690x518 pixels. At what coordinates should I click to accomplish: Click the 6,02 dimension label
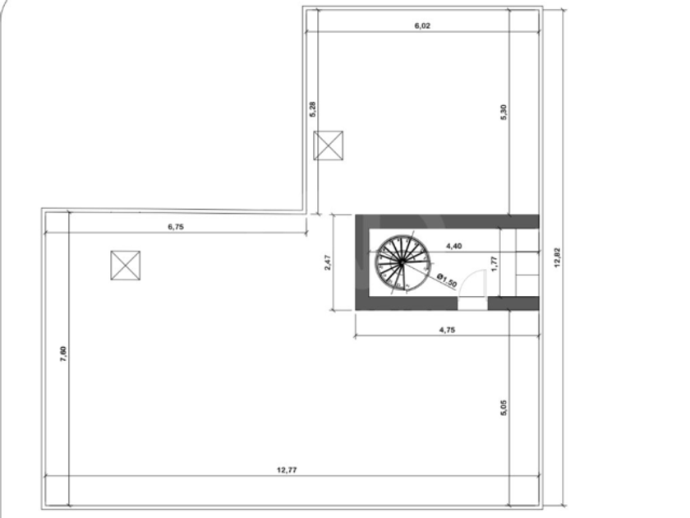[422, 25]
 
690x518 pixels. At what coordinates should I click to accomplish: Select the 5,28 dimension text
[312, 109]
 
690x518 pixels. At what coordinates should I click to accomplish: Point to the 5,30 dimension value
[504, 112]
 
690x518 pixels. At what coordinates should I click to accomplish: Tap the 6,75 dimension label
[176, 227]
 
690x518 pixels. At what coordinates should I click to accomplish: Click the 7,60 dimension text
[63, 354]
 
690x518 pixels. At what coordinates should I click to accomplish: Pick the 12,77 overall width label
[287, 470]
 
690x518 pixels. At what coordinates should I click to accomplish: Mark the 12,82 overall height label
[558, 258]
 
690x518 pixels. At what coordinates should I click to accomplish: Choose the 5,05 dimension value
[504, 408]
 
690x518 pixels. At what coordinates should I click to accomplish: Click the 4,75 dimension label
[447, 330]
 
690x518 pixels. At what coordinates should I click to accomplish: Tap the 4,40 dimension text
[453, 246]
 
